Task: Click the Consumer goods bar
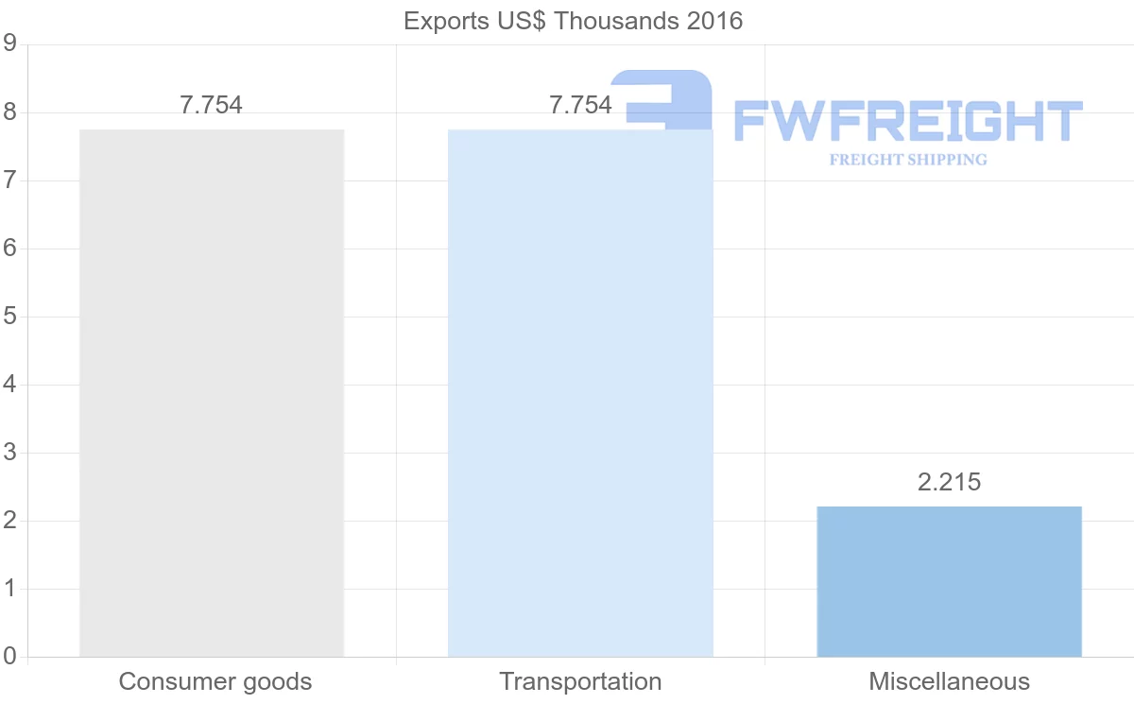click(212, 392)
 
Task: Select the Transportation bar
click(580, 392)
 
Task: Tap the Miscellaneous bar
click(949, 581)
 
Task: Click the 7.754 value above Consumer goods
click(212, 105)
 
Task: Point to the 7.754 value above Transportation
click(580, 105)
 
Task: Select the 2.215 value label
click(949, 482)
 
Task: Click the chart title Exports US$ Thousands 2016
click(573, 21)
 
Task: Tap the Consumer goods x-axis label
click(215, 681)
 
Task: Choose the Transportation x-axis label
click(580, 681)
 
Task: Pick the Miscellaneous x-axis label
click(949, 681)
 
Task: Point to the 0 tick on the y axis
click(10, 657)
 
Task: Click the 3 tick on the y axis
click(10, 453)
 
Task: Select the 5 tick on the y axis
click(10, 317)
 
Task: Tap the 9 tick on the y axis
click(10, 43)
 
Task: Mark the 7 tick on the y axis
click(10, 180)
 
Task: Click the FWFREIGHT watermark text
click(907, 122)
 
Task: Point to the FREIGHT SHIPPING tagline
click(907, 160)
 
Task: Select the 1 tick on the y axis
click(10, 589)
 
